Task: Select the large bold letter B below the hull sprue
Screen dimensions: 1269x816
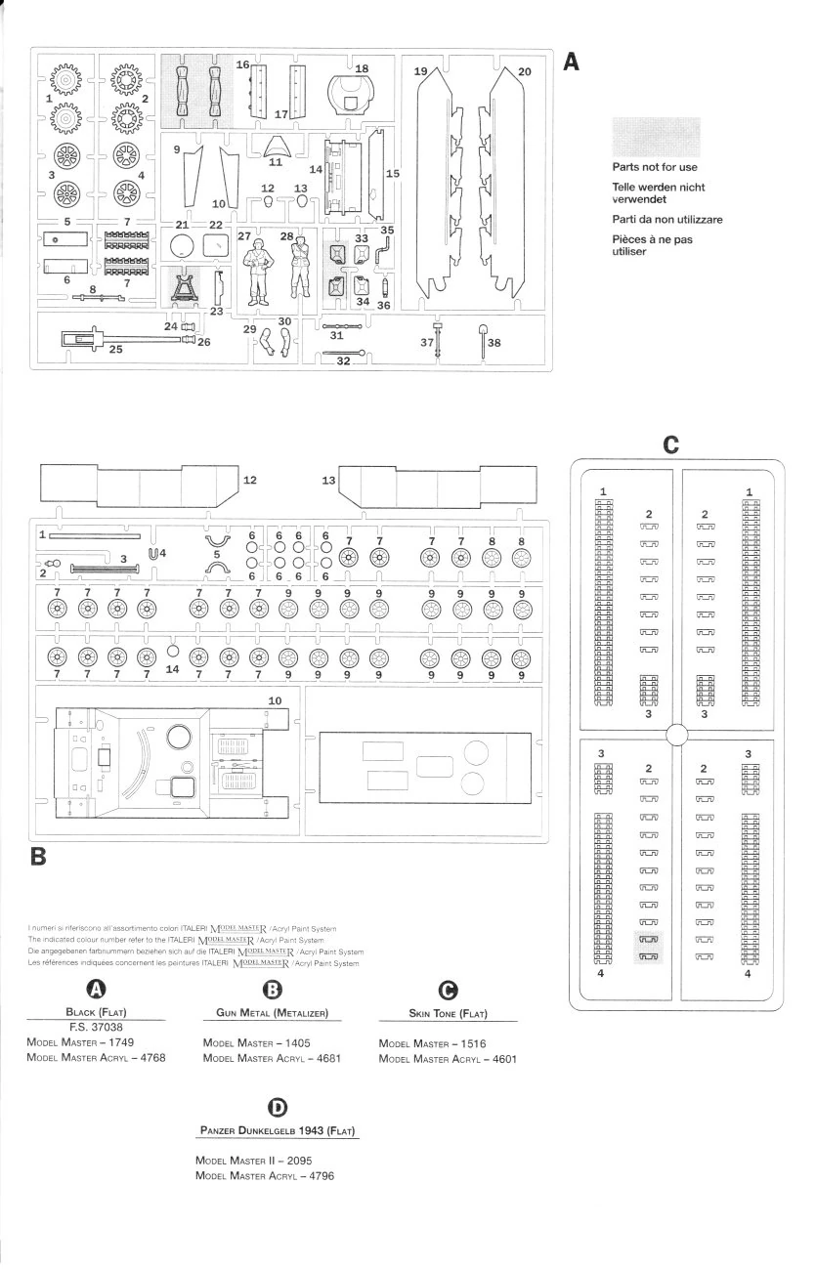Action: pyautogui.click(x=40, y=857)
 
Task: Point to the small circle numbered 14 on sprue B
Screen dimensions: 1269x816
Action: pyautogui.click(x=173, y=649)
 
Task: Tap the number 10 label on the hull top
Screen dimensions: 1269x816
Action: pyautogui.click(x=275, y=700)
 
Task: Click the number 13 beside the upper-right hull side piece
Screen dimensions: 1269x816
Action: pyautogui.click(x=328, y=481)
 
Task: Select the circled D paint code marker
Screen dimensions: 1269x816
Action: pyautogui.click(x=278, y=1106)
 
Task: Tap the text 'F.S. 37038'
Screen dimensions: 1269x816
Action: pyautogui.click(x=95, y=1027)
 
